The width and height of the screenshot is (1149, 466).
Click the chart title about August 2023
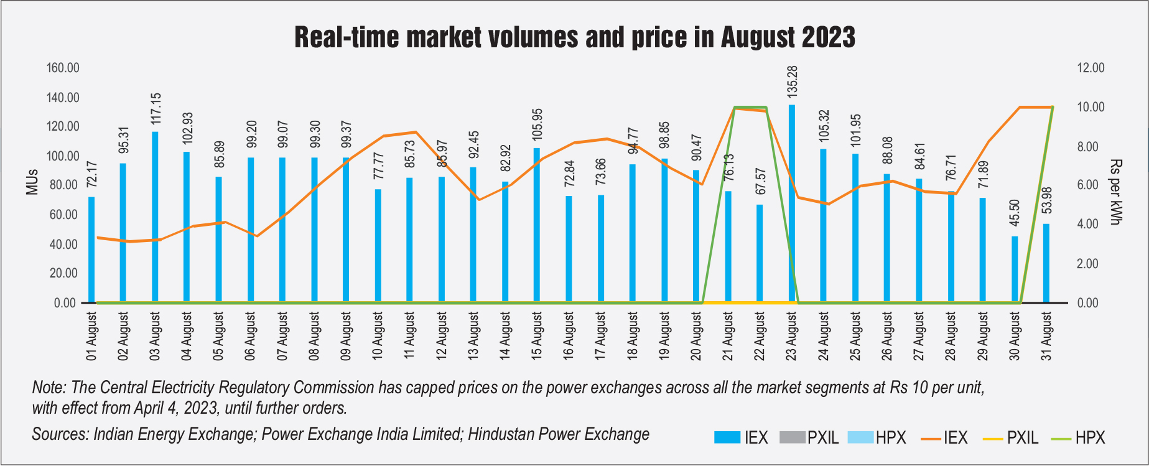574,37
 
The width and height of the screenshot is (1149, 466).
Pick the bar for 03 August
155,217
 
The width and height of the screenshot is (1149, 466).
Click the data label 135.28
792,81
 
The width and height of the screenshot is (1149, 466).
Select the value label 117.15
156,109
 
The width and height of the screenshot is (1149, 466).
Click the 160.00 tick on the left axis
63,68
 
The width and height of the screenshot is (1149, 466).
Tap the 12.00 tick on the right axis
1091,68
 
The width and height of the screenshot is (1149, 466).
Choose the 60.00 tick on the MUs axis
65,215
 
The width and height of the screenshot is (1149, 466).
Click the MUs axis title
32,182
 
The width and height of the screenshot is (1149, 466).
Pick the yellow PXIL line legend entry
1010,438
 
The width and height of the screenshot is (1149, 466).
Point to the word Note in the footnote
49,388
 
